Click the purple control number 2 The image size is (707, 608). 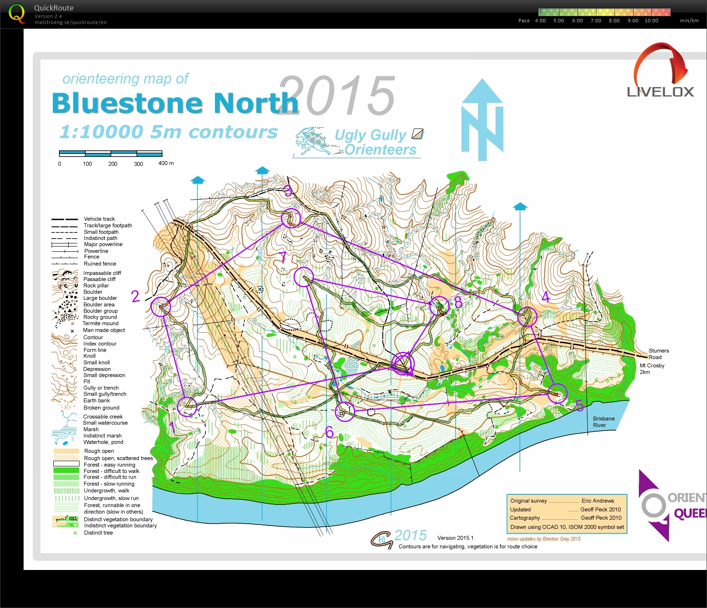point(135,296)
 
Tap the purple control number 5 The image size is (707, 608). point(579,406)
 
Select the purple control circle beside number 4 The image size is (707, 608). point(527,316)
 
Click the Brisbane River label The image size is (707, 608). point(603,422)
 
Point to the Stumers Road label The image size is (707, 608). point(658,354)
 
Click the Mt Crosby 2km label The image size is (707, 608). point(652,368)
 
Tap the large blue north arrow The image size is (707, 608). point(482,120)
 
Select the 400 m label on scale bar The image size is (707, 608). point(166,163)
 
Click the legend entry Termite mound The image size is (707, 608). point(101,323)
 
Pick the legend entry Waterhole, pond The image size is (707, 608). point(103,442)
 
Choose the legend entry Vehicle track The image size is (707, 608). point(99,219)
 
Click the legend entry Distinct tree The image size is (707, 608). point(98,532)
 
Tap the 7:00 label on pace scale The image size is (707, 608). point(596,21)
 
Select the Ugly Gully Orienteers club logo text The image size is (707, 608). point(374,142)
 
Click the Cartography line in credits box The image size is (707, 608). point(565,518)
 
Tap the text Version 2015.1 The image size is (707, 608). point(455,538)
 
